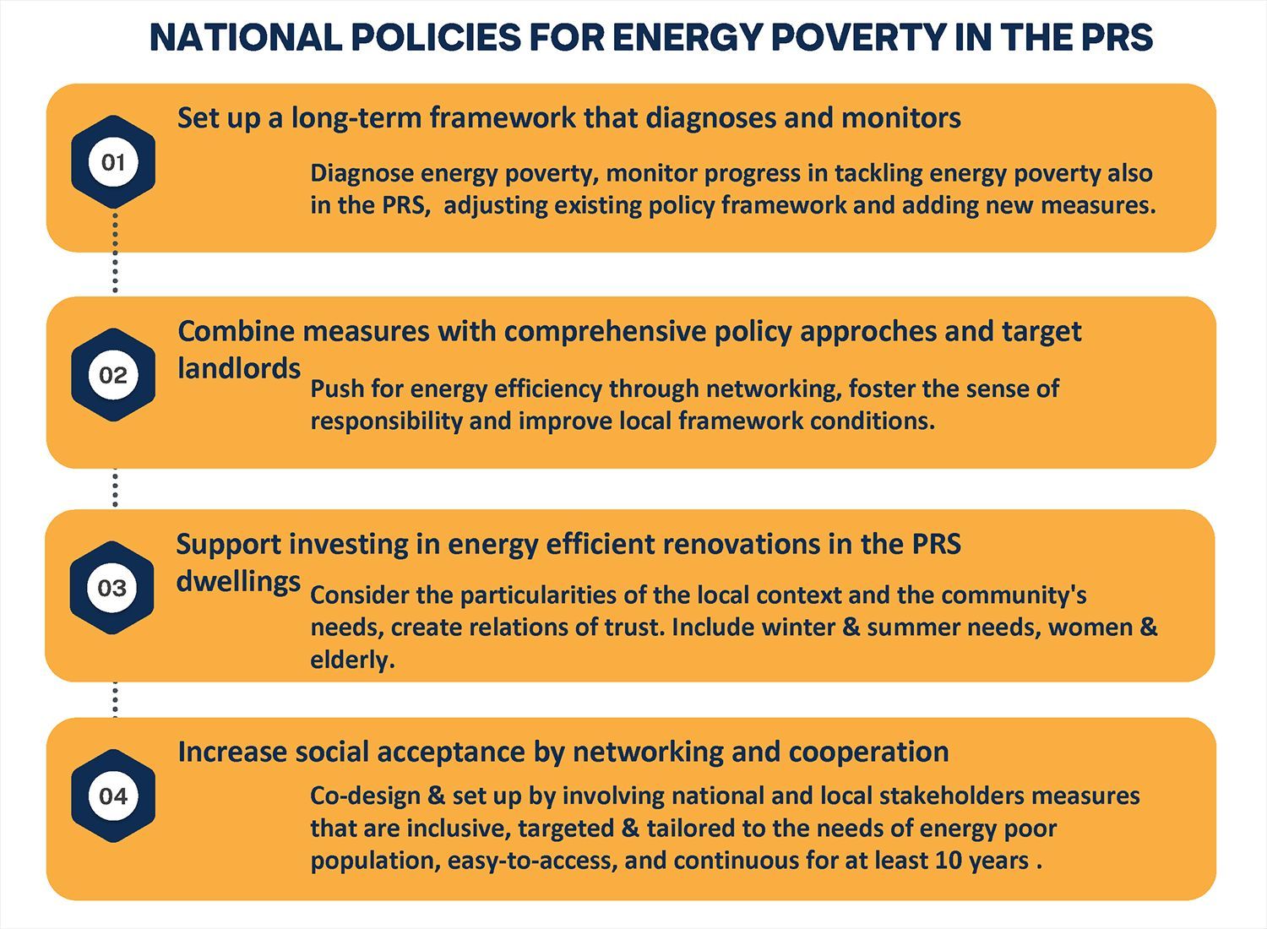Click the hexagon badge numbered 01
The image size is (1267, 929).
(x=113, y=162)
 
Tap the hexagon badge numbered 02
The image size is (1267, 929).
(x=113, y=375)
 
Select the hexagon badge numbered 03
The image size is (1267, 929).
(x=112, y=588)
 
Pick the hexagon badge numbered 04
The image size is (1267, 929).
(x=113, y=796)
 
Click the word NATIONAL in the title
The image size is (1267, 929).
(x=244, y=38)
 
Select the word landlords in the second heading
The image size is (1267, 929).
(x=239, y=369)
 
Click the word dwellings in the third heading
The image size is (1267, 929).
(x=238, y=582)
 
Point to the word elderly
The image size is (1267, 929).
(x=351, y=660)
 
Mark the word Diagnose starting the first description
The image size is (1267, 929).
(x=362, y=174)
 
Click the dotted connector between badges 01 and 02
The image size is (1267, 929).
(x=116, y=253)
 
